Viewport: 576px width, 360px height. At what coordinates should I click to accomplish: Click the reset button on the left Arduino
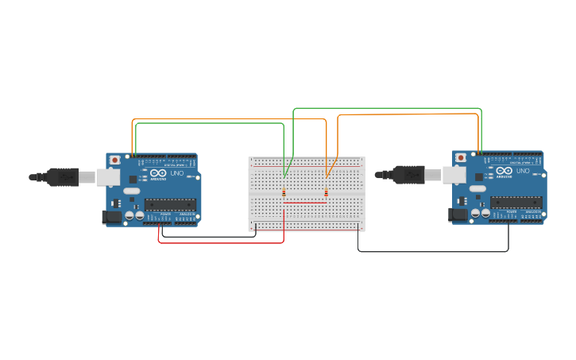coord(116,160)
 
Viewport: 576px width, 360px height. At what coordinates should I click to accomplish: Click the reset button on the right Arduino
coord(461,157)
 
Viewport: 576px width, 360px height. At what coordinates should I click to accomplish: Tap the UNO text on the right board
coord(523,171)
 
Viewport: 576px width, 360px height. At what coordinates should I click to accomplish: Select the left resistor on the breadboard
coord(284,192)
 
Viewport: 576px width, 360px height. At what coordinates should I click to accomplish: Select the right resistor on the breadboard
coord(326,192)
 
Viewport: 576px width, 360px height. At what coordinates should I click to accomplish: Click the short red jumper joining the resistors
coord(305,203)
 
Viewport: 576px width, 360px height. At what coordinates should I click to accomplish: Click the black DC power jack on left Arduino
coord(112,215)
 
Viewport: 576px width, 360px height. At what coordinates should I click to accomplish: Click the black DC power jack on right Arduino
coord(458,213)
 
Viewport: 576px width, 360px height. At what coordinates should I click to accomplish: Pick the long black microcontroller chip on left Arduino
coord(170,204)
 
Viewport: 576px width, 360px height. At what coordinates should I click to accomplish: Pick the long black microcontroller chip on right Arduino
coord(516,202)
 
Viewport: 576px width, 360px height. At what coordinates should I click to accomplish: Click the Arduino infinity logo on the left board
coord(158,173)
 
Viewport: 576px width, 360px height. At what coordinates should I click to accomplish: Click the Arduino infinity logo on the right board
coord(504,171)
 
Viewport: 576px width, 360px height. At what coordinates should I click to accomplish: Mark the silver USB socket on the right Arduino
coord(454,174)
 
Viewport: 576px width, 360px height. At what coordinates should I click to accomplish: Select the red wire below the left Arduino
coord(222,242)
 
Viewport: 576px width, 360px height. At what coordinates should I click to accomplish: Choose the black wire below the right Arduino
coord(433,252)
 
